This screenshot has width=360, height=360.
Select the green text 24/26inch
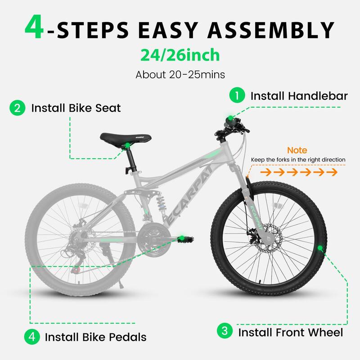pyautogui.click(x=180, y=55)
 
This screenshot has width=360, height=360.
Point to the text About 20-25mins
pyautogui.click(x=180, y=75)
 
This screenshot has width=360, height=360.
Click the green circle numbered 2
pyautogui.click(x=17, y=108)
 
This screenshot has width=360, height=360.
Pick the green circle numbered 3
pyautogui.click(x=224, y=332)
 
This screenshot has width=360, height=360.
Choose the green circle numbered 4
pyautogui.click(x=31, y=336)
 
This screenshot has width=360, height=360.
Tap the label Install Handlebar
pyautogui.click(x=299, y=96)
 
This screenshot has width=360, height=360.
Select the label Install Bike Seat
pyautogui.click(x=76, y=108)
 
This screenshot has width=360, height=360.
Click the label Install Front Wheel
pyautogui.click(x=290, y=333)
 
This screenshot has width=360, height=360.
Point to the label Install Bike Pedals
pyautogui.click(x=95, y=337)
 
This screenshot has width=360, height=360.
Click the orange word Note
pyautogui.click(x=297, y=150)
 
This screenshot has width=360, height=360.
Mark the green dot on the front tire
pyautogui.click(x=320, y=248)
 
